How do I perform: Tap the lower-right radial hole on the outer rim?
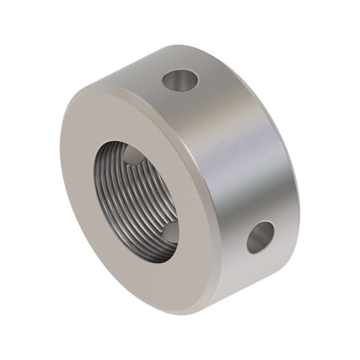click(x=261, y=237)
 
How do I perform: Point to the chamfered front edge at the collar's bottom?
click(x=170, y=312)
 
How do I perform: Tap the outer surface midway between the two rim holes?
click(x=226, y=159)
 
